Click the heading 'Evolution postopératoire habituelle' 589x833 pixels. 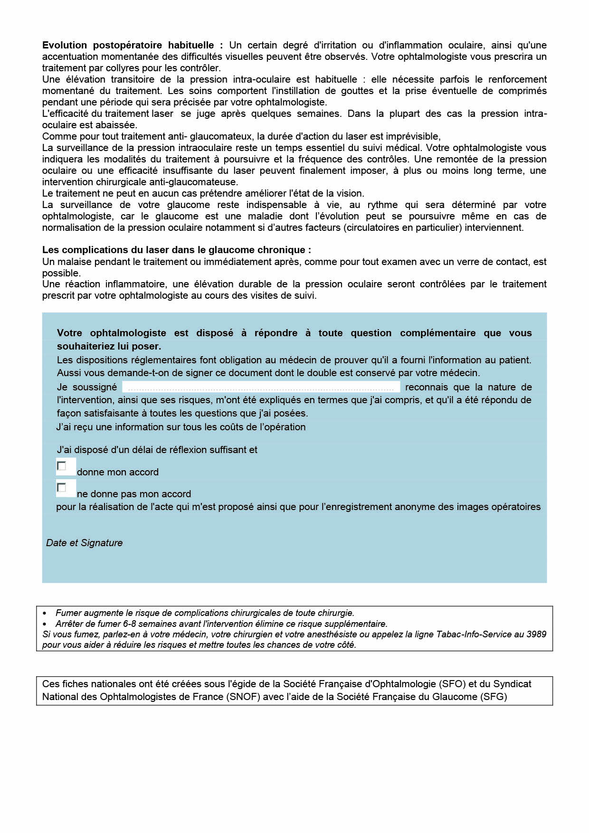point(128,46)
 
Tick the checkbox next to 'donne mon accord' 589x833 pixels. point(62,466)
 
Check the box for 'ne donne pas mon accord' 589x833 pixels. point(62,488)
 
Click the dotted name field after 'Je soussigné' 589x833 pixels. point(261,388)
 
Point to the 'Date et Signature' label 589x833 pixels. point(84,543)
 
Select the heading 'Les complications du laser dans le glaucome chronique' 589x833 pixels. point(176,250)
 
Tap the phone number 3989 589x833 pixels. point(537,634)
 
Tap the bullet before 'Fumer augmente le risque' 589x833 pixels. point(45,614)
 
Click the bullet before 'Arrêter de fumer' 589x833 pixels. point(45,624)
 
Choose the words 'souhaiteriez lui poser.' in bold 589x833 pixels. point(109,346)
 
